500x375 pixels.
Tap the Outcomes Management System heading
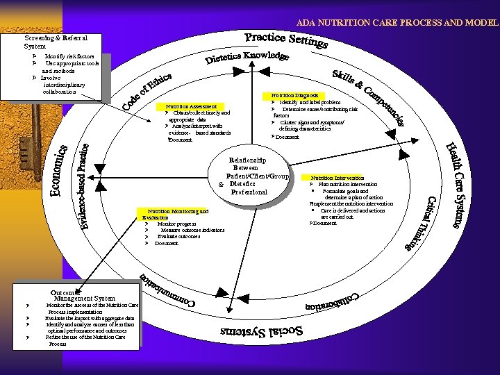pos(83,295)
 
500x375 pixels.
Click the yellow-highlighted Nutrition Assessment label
pos(191,106)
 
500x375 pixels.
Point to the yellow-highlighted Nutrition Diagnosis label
pos(294,95)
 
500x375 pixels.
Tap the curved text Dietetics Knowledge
pos(247,59)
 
